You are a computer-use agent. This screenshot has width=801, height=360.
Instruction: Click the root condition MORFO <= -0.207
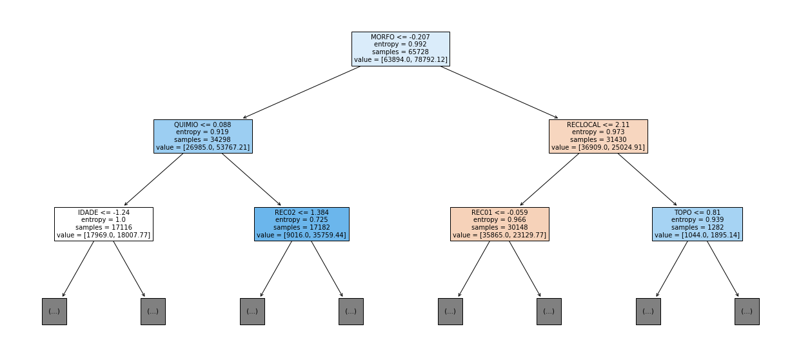(x=400, y=37)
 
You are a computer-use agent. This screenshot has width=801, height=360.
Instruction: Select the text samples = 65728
(x=400, y=52)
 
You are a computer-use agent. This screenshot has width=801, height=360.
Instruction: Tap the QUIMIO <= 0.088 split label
(x=203, y=125)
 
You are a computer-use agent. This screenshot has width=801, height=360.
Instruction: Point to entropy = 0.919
(x=203, y=132)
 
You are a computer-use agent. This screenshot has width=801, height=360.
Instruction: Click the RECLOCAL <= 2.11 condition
(x=598, y=125)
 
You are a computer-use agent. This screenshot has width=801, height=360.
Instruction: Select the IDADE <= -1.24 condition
(x=104, y=212)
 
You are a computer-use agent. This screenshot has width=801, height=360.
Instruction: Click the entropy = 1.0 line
(x=104, y=220)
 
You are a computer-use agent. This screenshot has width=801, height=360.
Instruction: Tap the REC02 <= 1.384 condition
(x=301, y=212)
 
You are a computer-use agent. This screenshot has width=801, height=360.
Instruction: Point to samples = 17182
(x=301, y=227)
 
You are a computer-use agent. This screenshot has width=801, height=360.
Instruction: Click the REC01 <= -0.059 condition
(x=500, y=212)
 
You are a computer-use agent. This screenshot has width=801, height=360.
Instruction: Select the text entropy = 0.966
(x=500, y=220)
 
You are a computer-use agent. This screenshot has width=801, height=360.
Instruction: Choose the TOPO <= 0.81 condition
(x=697, y=212)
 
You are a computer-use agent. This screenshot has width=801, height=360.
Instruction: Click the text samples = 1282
(x=697, y=227)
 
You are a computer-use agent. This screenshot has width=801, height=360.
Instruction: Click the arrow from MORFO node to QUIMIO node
(x=302, y=92)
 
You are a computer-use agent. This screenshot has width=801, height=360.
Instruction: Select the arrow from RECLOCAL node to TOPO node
(x=648, y=179)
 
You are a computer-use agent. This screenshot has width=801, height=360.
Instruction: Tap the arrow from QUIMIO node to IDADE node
(x=153, y=179)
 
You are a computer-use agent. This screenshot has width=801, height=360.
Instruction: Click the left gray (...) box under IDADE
(x=54, y=312)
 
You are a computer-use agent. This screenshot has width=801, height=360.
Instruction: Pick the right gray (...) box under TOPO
(x=747, y=312)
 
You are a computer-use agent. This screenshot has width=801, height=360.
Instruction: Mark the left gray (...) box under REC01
(x=450, y=312)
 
